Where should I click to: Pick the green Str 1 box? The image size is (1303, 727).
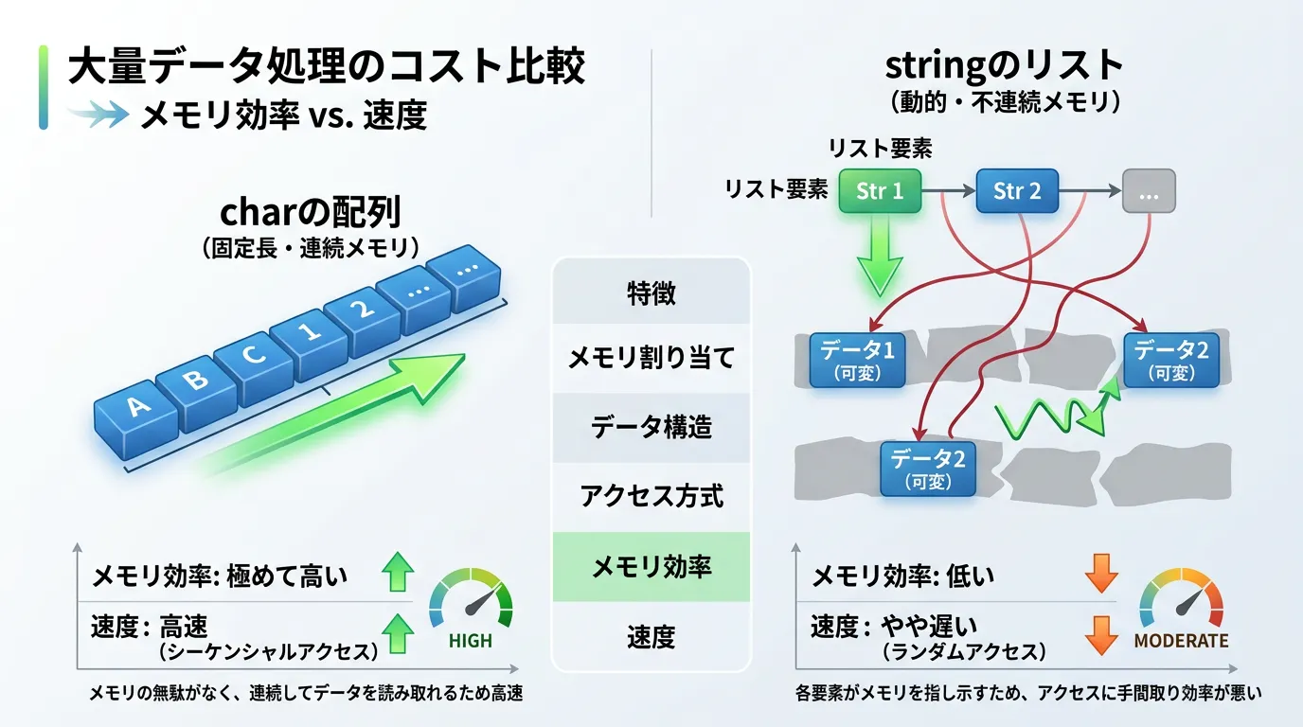tap(880, 191)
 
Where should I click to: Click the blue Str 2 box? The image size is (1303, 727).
tap(1017, 191)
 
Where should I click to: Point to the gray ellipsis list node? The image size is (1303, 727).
tap(1149, 191)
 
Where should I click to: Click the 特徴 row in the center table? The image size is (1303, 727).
tap(651, 293)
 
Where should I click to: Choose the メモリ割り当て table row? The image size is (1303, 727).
tap(651, 359)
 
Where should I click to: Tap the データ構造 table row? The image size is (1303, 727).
tap(651, 428)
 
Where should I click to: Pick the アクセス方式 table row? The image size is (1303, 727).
tap(651, 496)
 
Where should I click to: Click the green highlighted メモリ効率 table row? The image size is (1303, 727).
tap(651, 566)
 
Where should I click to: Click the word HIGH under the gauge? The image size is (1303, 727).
tap(471, 641)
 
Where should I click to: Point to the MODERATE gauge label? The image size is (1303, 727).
tap(1181, 641)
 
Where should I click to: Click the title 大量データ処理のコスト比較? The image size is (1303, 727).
tap(327, 69)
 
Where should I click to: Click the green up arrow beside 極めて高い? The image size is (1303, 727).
tap(397, 575)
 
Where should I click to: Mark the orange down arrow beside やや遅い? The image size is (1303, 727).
tap(1099, 634)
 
